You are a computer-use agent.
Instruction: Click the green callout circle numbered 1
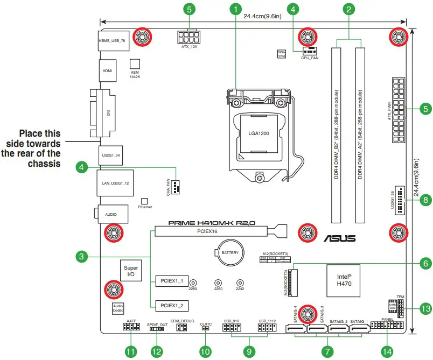[x=234, y=9]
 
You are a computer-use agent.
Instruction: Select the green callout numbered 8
[x=425, y=200]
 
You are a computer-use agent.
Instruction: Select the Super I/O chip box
[x=131, y=271]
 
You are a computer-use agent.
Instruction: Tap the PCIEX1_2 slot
[x=172, y=306]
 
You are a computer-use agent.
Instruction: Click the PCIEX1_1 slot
[x=172, y=281]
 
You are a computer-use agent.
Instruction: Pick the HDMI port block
[x=108, y=70]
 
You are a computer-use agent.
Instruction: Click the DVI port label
[x=108, y=114]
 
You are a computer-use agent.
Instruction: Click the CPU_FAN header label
[x=309, y=57]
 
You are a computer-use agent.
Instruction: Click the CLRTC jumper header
[x=206, y=330]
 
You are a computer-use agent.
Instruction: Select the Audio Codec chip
[x=118, y=308]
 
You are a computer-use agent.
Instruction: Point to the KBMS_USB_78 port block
[x=115, y=40]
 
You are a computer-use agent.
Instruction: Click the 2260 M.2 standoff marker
[x=218, y=283]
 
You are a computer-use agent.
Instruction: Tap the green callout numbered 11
[x=130, y=351]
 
